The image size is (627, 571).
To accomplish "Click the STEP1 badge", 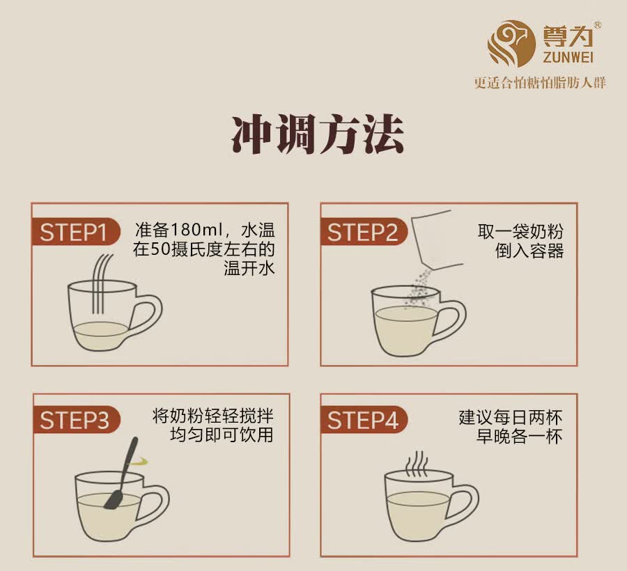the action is [75, 231].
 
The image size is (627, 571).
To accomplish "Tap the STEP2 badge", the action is [364, 231].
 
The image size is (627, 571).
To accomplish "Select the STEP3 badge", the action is [75, 420].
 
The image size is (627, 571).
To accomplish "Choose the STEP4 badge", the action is [364, 420].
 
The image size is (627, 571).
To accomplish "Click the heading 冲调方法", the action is [318, 134].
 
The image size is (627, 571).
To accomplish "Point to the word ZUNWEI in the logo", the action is [568, 57].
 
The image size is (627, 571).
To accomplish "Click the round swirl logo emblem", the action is [511, 44].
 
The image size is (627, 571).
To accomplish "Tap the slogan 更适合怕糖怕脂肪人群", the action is [540, 83].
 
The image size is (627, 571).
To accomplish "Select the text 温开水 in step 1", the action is [249, 268].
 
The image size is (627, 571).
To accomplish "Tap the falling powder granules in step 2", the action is [419, 288].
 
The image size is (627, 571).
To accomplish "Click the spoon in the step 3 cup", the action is [121, 473].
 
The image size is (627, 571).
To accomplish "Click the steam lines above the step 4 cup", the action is [417, 464].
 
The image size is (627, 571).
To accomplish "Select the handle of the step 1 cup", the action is [149, 315].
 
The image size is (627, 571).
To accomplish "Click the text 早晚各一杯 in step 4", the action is [519, 437].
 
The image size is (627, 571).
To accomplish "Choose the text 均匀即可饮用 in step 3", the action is [222, 435].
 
